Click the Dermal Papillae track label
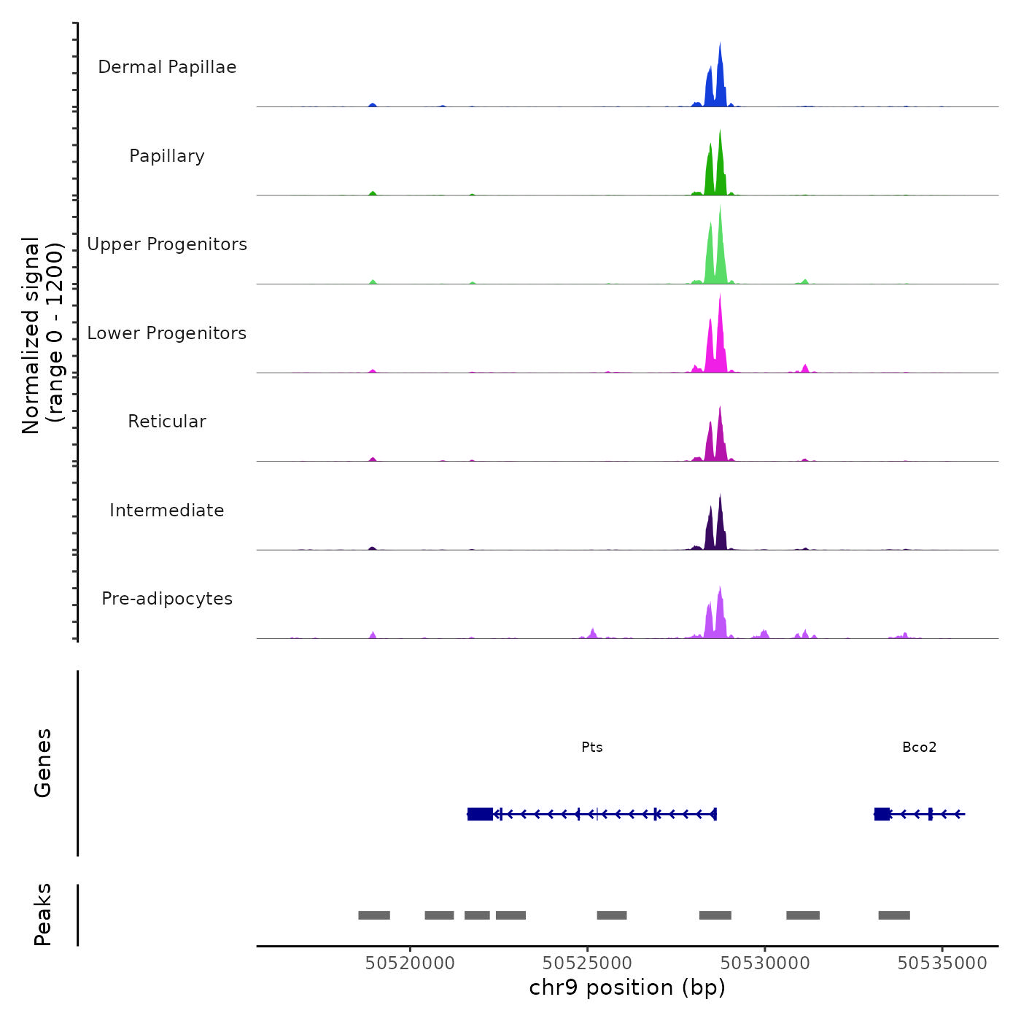click(167, 67)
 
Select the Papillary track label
click(167, 156)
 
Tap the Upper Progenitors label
click(167, 244)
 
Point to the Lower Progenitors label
click(167, 333)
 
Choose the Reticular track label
click(167, 422)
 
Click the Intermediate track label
click(167, 510)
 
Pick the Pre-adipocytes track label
click(167, 599)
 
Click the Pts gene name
click(592, 748)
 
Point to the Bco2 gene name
click(919, 748)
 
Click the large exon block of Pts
click(480, 814)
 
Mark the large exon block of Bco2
click(882, 814)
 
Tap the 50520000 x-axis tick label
click(410, 963)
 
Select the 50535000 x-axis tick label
click(942, 963)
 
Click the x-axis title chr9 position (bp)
click(627, 988)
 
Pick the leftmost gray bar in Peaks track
click(374, 915)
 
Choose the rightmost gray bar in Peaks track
click(894, 915)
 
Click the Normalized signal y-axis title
click(42, 335)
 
